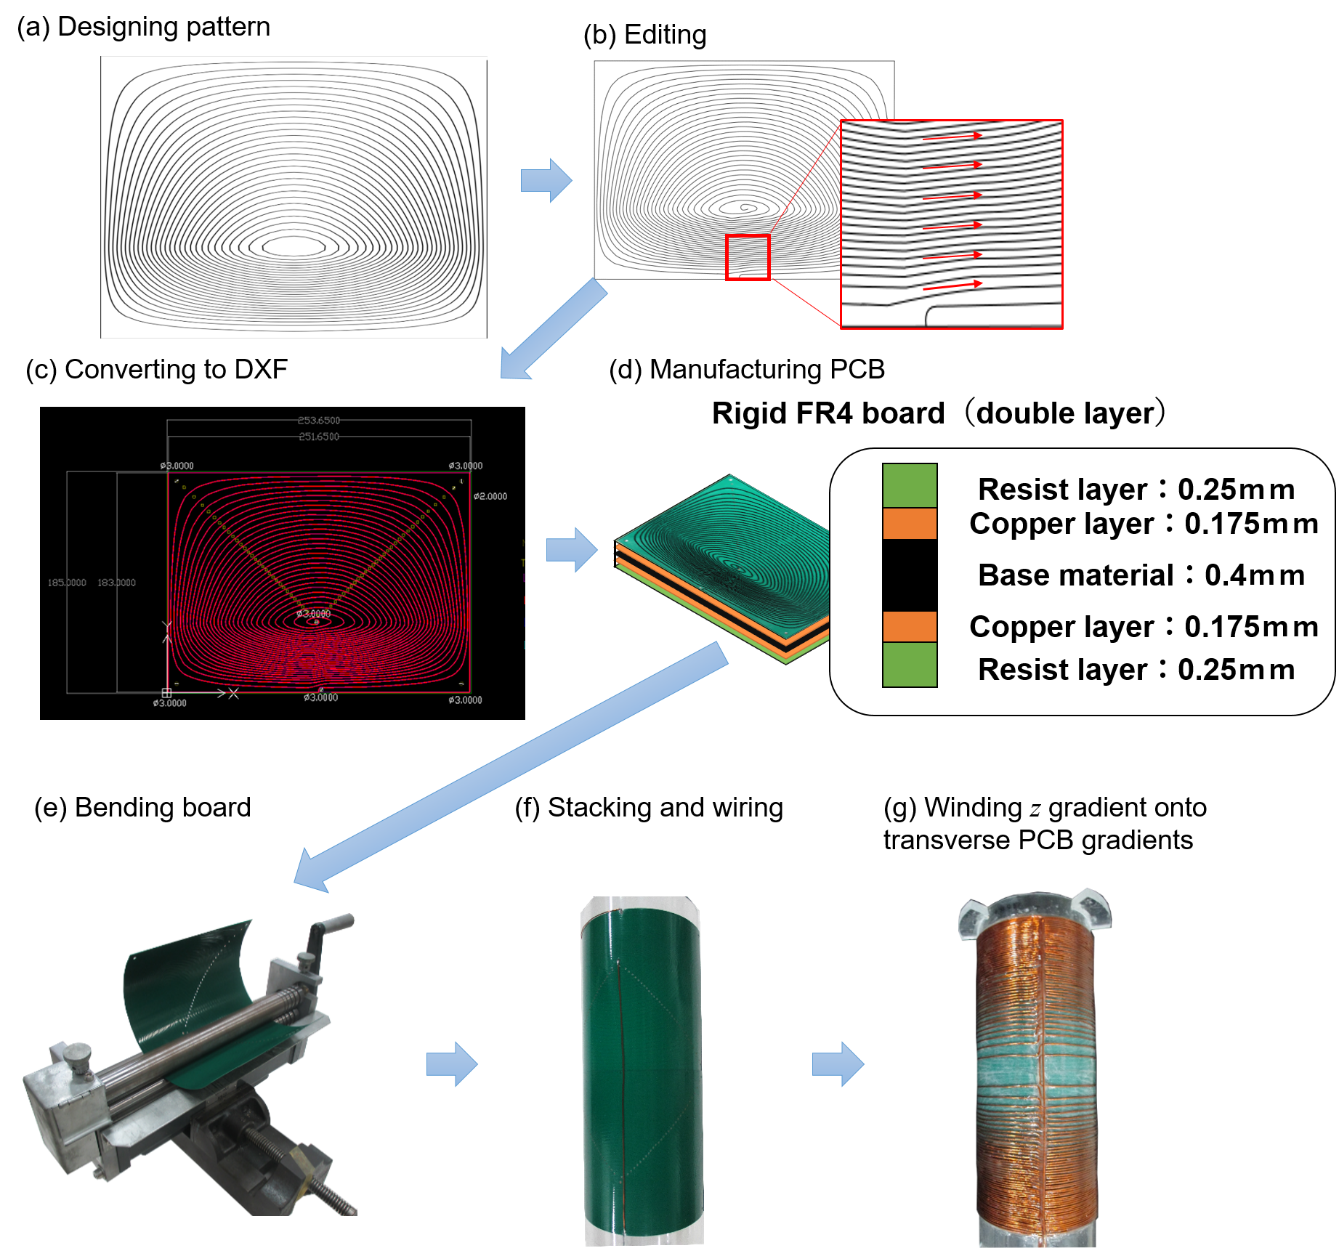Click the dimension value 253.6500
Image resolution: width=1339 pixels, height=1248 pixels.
pyautogui.click(x=318, y=421)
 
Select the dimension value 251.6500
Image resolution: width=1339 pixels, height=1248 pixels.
pyautogui.click(x=318, y=437)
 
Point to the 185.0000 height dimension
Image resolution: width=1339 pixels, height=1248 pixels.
pyautogui.click(x=67, y=583)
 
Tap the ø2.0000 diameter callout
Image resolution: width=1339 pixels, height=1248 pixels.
pyautogui.click(x=490, y=496)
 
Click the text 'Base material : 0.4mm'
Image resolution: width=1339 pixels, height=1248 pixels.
pyautogui.click(x=1141, y=575)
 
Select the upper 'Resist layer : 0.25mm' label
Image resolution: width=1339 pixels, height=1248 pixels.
pyautogui.click(x=1136, y=490)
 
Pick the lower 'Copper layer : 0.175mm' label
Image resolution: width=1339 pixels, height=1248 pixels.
pyautogui.click(x=1144, y=626)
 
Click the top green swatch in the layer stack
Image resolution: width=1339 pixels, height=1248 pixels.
pyautogui.click(x=910, y=485)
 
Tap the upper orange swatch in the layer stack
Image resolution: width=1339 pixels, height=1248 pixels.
pyautogui.click(x=910, y=523)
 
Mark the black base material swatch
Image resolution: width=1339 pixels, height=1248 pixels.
pyautogui.click(x=910, y=575)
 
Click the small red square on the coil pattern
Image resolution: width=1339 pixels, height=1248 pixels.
pyautogui.click(x=748, y=257)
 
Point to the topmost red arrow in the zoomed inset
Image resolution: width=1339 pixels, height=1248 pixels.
pyautogui.click(x=952, y=137)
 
